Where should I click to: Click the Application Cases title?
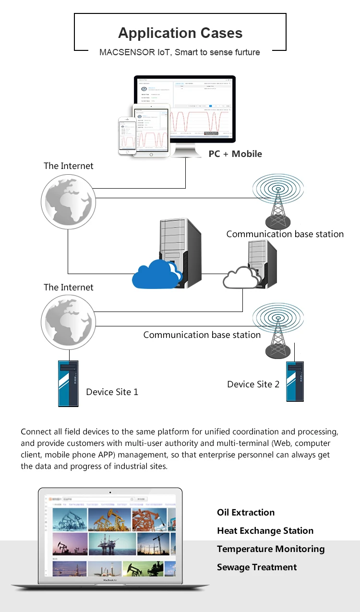[180, 33]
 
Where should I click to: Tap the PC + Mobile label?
[235, 154]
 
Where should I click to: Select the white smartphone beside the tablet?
[127, 136]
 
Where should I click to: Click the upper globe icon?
[68, 201]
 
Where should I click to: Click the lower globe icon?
[67, 322]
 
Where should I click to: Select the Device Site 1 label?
[112, 392]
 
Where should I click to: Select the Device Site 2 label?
[253, 384]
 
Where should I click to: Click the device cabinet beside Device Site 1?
[68, 384]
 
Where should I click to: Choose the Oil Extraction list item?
[246, 513]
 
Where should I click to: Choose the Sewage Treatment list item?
[257, 567]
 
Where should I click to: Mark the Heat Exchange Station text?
[265, 531]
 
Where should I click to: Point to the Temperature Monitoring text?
[271, 549]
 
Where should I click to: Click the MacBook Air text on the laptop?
[110, 580]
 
